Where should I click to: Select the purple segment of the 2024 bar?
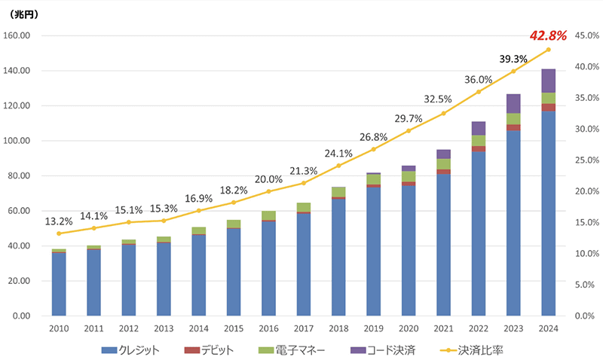pos(548,81)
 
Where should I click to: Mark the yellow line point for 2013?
pos(164,221)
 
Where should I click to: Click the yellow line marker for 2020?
pos(409,131)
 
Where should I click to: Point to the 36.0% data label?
pos(478,80)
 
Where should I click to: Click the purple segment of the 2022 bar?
pos(478,128)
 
